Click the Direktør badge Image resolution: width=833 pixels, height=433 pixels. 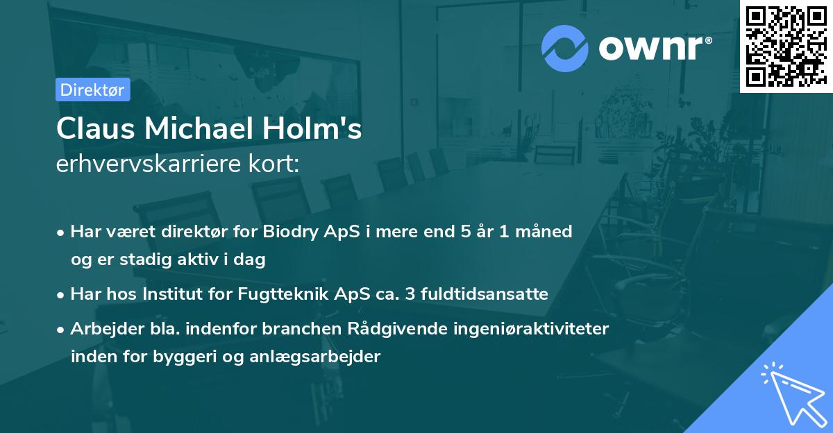[92, 90]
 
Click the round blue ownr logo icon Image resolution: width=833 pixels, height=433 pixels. [565, 48]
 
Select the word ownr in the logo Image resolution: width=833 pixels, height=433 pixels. [654, 48]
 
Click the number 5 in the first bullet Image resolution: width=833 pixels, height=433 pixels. [456, 232]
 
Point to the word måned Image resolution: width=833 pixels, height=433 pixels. [543, 232]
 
